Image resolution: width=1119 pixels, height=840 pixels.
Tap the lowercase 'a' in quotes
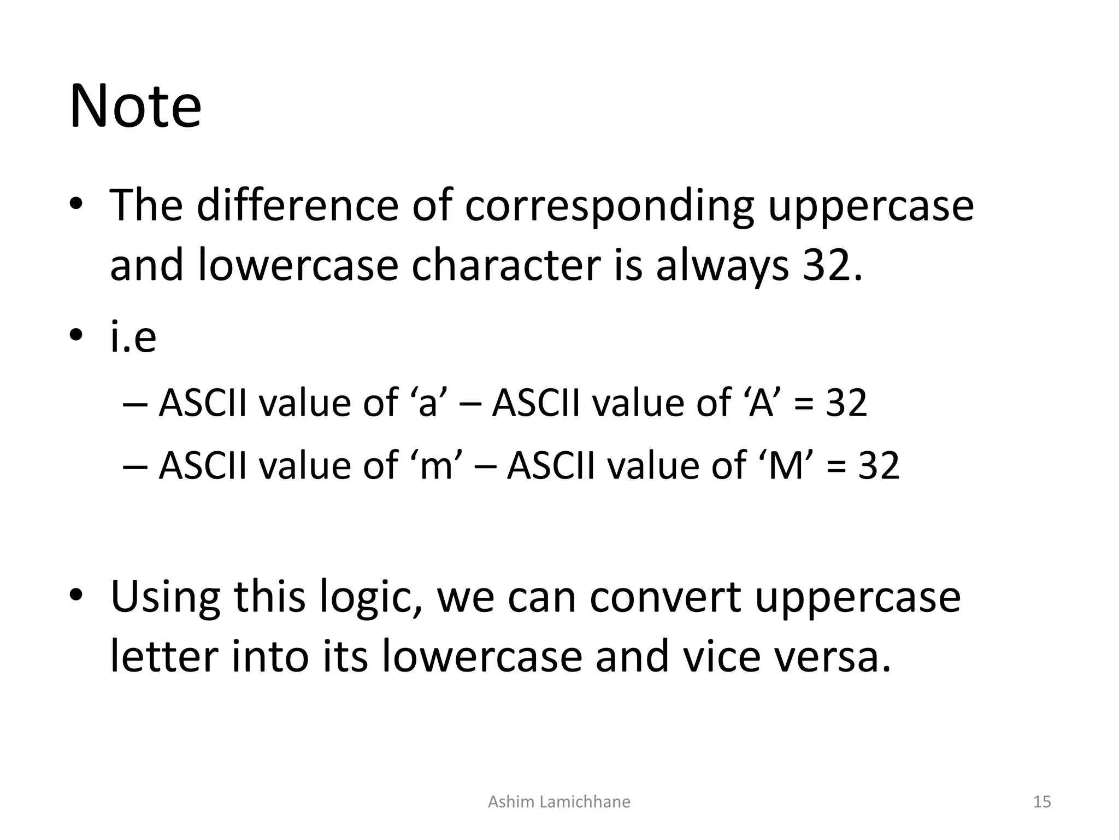tap(428, 404)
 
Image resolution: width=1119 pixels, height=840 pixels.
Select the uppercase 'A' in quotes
tap(761, 404)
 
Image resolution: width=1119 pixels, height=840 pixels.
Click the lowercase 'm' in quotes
tap(436, 466)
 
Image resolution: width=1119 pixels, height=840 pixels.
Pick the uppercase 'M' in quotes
tap(786, 466)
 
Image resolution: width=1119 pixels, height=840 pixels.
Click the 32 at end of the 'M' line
tap(878, 466)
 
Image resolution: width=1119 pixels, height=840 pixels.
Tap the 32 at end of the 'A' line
tap(846, 404)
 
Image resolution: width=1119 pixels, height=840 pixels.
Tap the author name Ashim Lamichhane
tap(559, 802)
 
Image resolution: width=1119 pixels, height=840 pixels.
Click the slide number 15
tap(1042, 802)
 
